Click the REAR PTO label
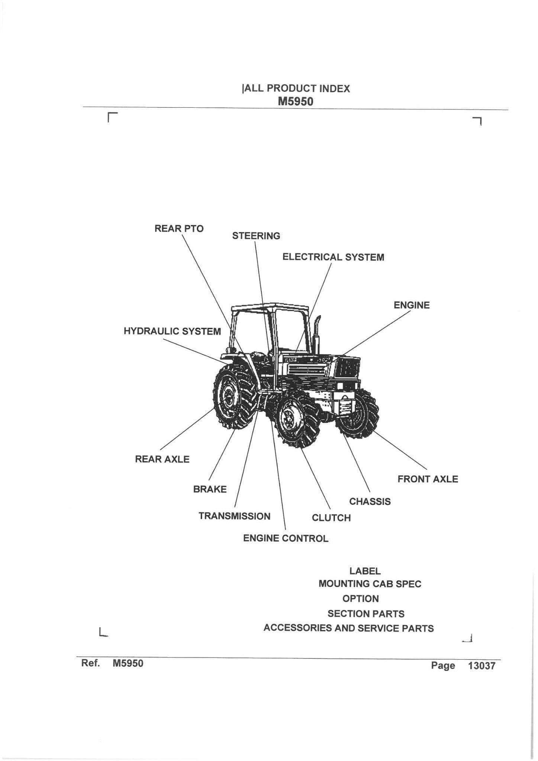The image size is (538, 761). pos(179,229)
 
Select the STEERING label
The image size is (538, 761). pos(256,236)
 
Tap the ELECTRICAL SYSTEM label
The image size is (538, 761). pos(333,257)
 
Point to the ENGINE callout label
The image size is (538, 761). pos(411,305)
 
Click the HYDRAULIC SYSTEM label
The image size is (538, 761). pos(172,331)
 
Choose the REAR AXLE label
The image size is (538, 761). pos(162,459)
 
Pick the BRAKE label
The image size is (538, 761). pos(210,489)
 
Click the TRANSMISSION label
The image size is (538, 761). pos(234,516)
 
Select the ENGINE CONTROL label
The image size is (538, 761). pos(286,538)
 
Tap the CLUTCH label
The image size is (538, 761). pos(331,518)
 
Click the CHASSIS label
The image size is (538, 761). pos(370,502)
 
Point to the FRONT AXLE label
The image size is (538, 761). pos(428,479)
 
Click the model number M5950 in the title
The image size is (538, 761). pos(296,101)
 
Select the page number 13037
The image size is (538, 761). pos(481,666)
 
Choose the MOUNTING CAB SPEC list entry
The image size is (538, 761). pos(370,584)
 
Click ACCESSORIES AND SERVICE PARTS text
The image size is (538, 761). pos(348,628)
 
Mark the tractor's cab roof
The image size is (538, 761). pos(270,307)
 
